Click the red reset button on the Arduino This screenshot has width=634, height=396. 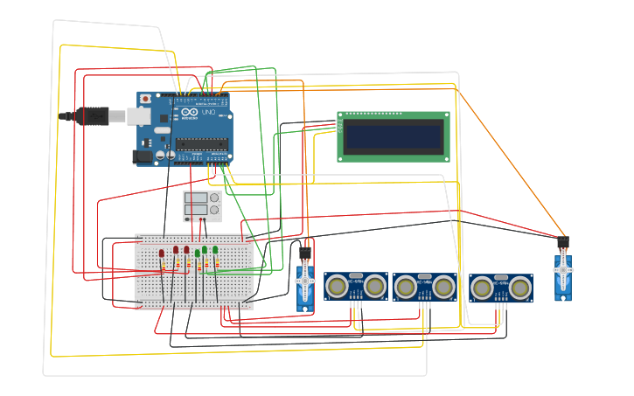(145, 100)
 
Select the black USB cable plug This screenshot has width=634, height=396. (94, 115)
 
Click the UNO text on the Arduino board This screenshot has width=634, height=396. (209, 114)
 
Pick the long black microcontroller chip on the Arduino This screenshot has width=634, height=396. (201, 143)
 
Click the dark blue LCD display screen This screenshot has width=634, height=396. (393, 136)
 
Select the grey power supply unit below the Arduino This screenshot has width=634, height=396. (201, 206)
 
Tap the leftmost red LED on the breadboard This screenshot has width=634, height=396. (162, 254)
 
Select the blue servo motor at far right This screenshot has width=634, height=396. (562, 277)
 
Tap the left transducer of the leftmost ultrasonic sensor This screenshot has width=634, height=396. (336, 285)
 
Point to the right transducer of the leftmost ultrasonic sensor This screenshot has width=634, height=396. (375, 285)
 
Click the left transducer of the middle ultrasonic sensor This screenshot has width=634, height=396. (405, 286)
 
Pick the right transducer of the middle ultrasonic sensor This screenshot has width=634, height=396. (443, 286)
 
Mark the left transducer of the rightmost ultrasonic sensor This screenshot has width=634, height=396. (482, 287)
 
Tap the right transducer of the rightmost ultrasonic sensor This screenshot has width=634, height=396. (520, 287)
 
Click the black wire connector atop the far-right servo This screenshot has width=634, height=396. (562, 242)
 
